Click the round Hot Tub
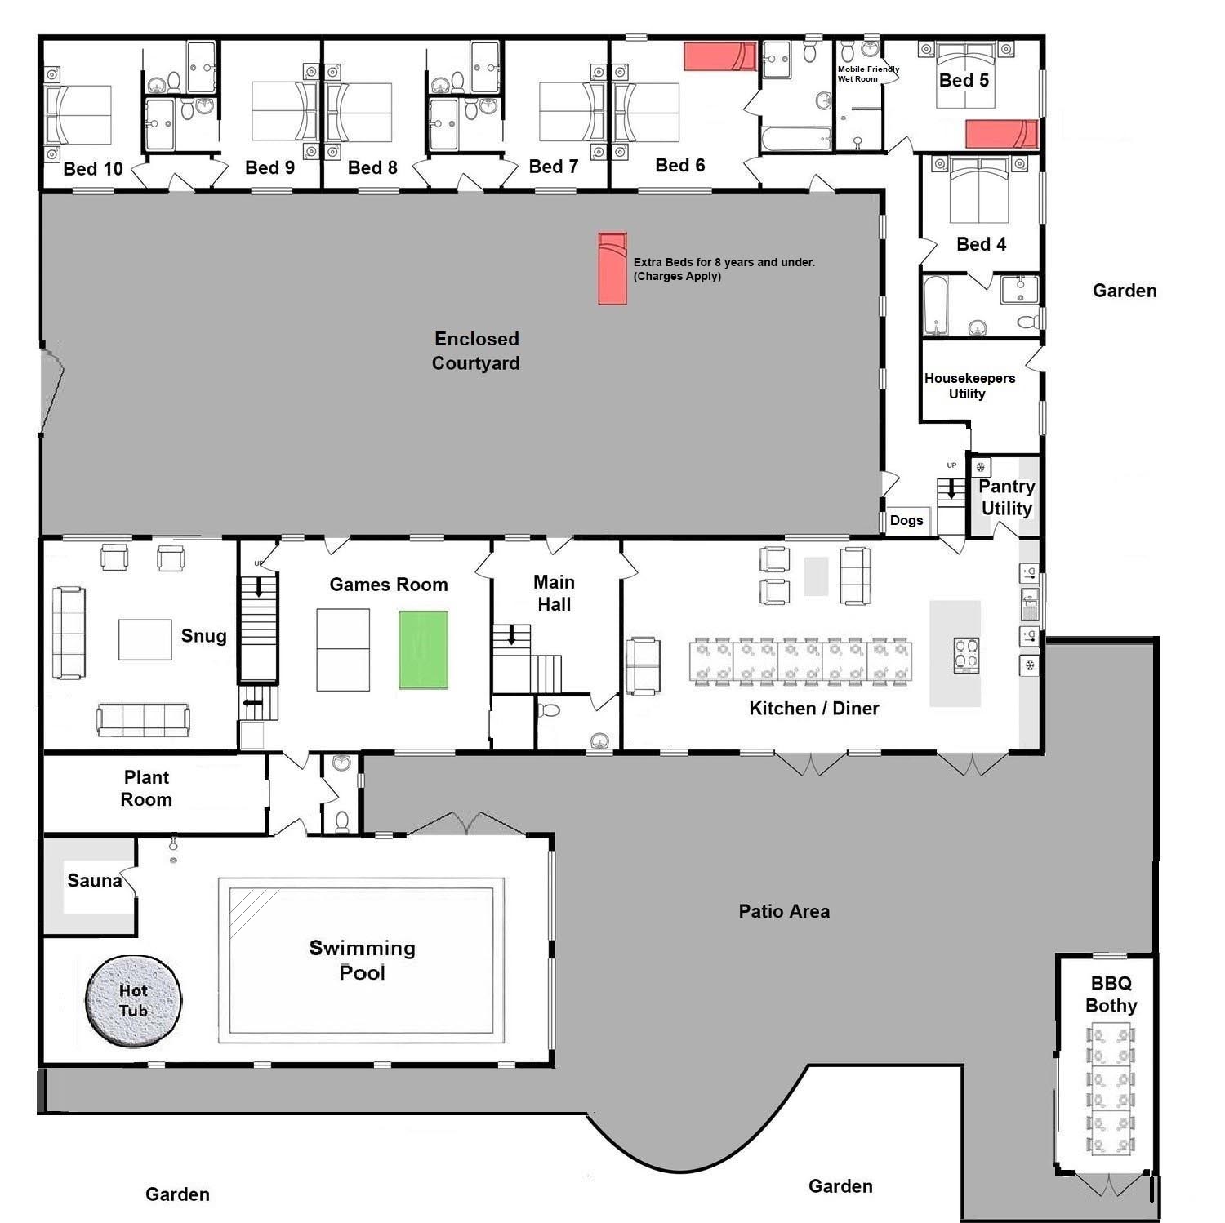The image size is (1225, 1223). (x=133, y=1000)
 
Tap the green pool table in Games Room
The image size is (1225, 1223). (x=423, y=650)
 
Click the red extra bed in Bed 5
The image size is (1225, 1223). (x=1001, y=134)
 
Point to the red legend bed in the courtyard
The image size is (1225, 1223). (x=612, y=269)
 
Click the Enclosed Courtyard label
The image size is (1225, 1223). (x=476, y=351)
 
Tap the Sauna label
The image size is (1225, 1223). (x=94, y=881)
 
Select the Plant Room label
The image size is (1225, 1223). (x=146, y=789)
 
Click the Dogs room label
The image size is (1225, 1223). (x=906, y=521)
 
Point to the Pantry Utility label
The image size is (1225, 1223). (x=1006, y=497)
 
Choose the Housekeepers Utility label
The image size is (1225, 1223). (x=969, y=386)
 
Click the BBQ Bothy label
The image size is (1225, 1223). (x=1111, y=994)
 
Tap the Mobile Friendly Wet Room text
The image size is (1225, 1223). (x=866, y=74)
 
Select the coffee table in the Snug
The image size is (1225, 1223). (x=145, y=639)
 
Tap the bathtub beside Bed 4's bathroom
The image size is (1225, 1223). (x=936, y=305)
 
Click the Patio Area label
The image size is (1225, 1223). (x=784, y=912)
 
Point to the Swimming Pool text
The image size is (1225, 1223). (x=362, y=960)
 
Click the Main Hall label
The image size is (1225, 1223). (x=554, y=594)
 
